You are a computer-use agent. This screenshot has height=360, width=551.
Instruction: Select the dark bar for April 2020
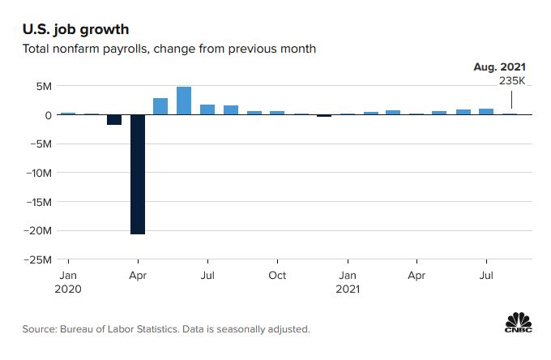pos(138,174)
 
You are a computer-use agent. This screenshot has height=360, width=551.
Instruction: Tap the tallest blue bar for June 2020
pos(184,101)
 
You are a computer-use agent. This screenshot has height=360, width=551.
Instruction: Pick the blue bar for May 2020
pos(160,106)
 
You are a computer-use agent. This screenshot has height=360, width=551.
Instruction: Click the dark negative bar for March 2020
pos(114,119)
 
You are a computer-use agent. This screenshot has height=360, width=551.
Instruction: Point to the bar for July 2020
pos(207,109)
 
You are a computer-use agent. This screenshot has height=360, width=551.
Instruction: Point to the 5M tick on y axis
pos(41,86)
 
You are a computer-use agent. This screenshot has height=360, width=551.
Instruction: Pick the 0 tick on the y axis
pos(49,115)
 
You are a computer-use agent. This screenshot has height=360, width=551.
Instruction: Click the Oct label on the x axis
pos(277,275)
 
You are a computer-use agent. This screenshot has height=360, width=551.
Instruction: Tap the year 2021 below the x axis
pos(348,289)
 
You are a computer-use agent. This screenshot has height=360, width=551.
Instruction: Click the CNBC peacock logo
pos(519,323)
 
